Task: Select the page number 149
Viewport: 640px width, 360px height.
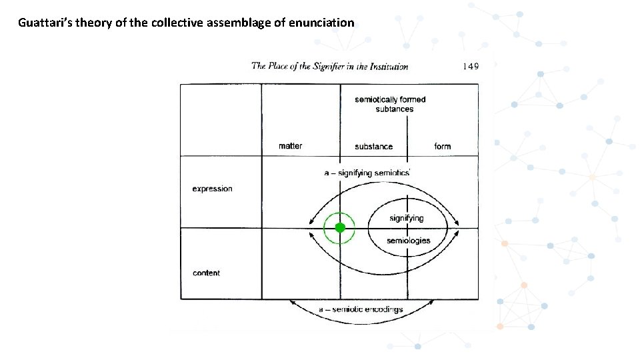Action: [x=470, y=66]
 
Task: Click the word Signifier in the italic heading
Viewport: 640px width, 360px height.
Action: [x=331, y=66]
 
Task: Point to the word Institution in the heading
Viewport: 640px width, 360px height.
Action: [x=386, y=66]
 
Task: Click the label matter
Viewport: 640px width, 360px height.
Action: [x=290, y=146]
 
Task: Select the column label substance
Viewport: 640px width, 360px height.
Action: [x=373, y=147]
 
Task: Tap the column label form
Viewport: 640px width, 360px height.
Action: [x=442, y=147]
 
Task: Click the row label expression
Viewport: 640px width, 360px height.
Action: [x=212, y=189]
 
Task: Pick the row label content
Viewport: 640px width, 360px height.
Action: [x=206, y=273]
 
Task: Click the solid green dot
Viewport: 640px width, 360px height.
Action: [x=340, y=228]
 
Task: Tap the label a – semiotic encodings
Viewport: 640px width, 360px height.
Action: [x=360, y=309]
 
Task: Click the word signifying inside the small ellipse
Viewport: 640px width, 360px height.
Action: [x=406, y=219]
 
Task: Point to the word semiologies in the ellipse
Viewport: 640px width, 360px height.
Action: [x=408, y=240]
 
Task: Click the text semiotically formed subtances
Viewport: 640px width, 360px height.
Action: [x=390, y=104]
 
